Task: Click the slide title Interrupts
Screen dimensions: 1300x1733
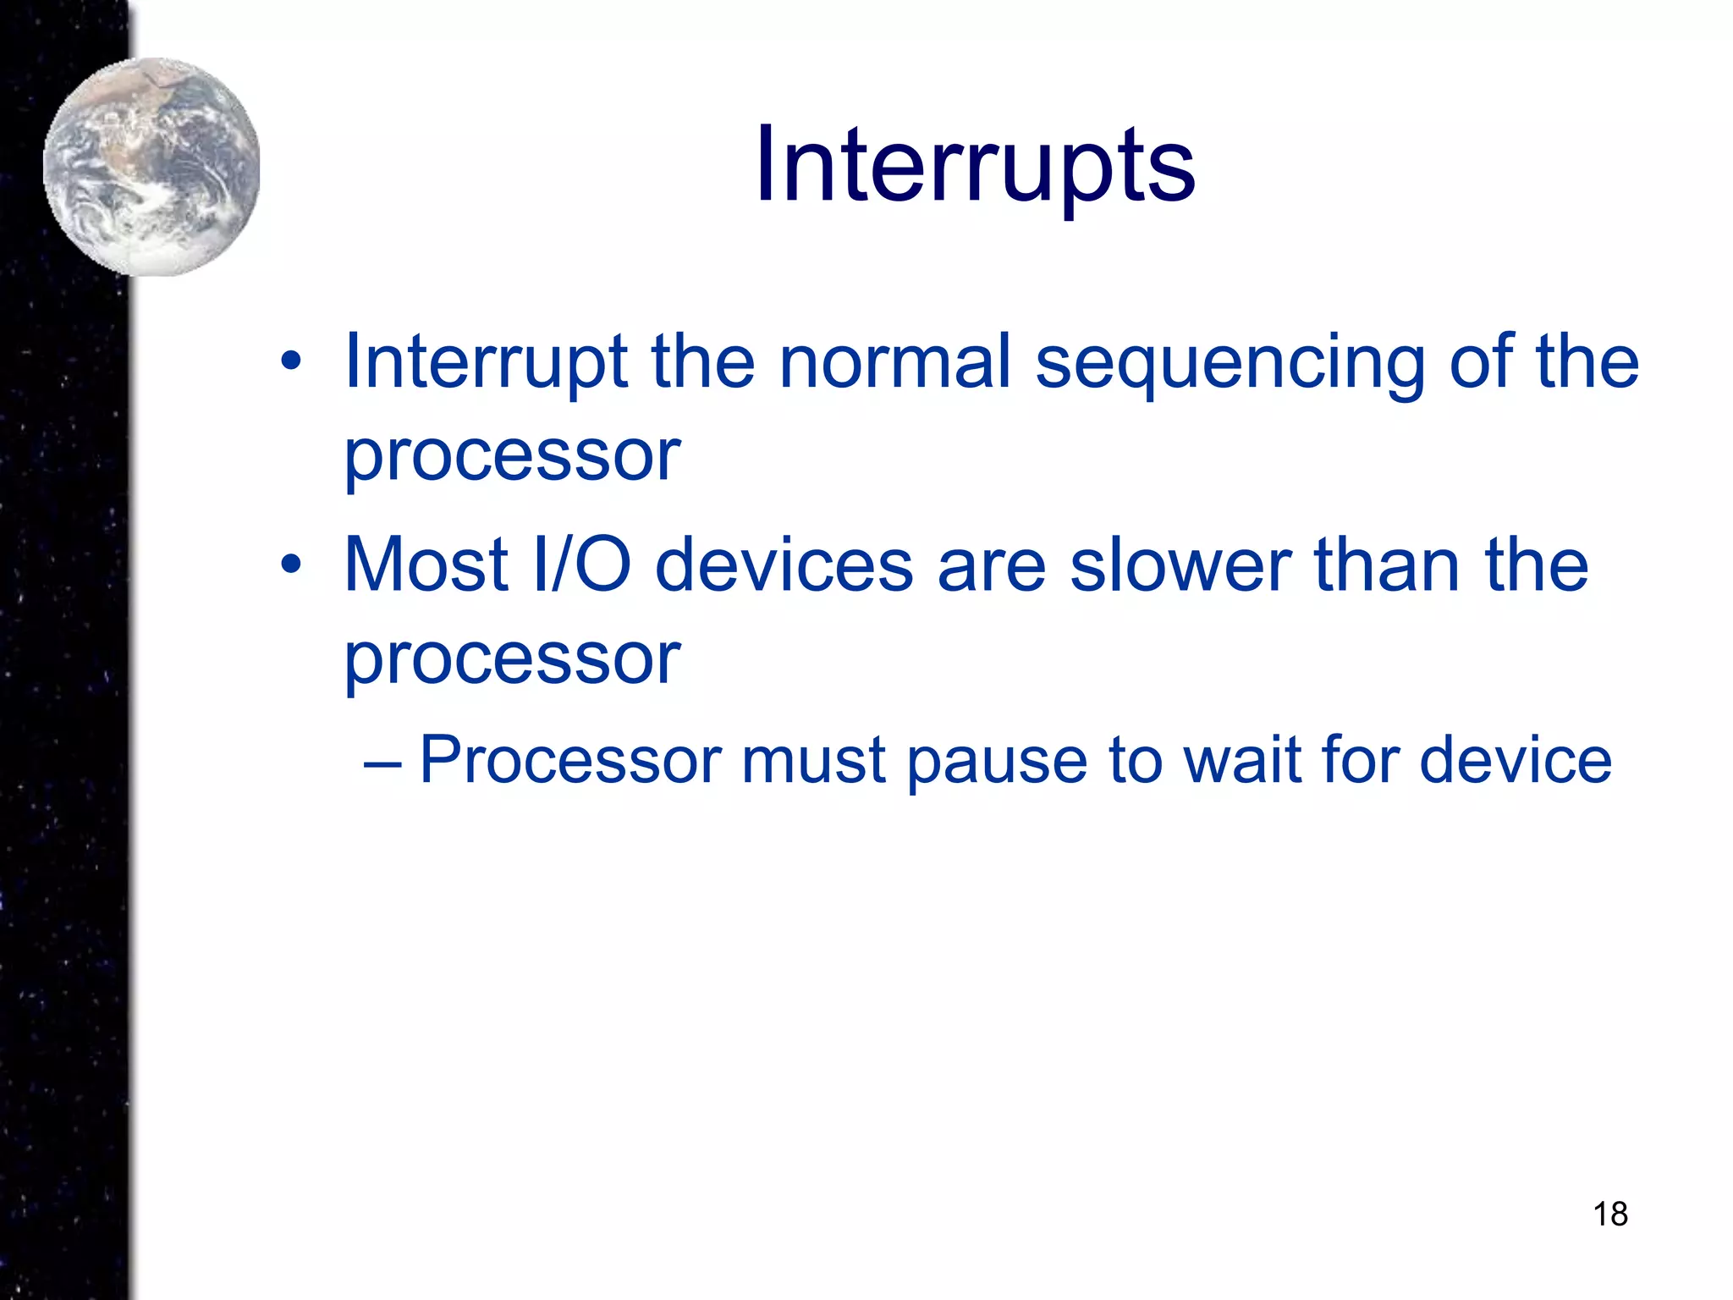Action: click(x=975, y=164)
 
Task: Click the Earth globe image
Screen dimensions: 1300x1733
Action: click(x=151, y=167)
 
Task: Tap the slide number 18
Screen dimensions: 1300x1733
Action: click(x=1609, y=1214)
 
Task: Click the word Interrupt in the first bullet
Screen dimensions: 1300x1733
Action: click(x=486, y=362)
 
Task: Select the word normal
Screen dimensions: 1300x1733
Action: click(x=894, y=362)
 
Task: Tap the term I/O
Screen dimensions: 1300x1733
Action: click(x=582, y=565)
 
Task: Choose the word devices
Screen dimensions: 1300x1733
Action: click(x=784, y=565)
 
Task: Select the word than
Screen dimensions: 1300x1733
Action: click(x=1387, y=565)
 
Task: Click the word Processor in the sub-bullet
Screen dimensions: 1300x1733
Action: click(x=570, y=760)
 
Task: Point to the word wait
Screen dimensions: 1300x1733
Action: click(x=1243, y=760)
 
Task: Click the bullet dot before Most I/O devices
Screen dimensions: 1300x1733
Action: click(x=291, y=565)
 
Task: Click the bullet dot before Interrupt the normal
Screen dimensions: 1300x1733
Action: click(x=291, y=362)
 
